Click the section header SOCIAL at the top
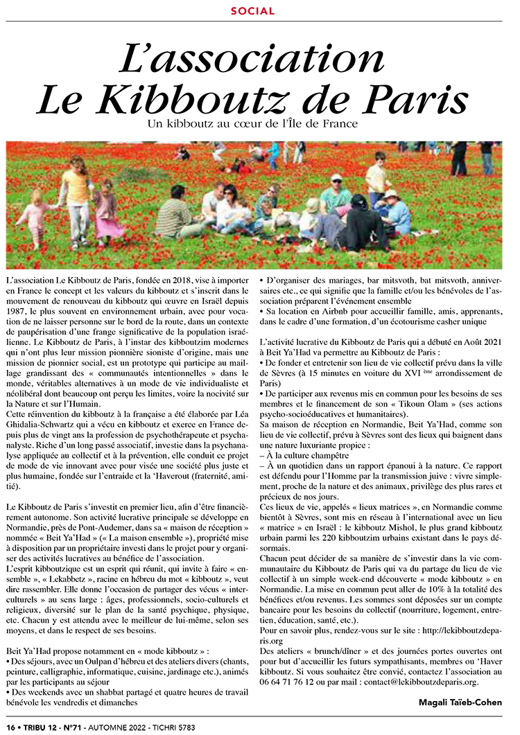pyautogui.click(x=252, y=11)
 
